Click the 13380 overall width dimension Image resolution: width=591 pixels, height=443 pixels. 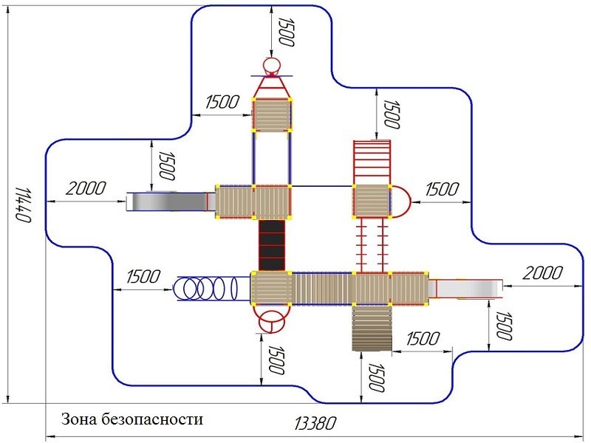[315, 424]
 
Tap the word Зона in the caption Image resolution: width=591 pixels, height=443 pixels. [81, 419]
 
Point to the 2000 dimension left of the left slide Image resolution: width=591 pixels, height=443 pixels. [85, 188]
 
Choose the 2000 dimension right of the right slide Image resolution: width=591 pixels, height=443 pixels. [542, 273]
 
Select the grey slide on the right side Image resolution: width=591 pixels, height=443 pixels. [468, 288]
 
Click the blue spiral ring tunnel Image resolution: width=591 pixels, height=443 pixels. [208, 288]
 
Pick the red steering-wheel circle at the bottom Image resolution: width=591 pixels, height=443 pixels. [271, 322]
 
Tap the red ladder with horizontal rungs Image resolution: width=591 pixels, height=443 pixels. [371, 161]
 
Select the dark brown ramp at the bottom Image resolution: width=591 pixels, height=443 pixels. [371, 328]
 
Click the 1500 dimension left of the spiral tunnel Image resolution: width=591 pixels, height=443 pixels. [142, 277]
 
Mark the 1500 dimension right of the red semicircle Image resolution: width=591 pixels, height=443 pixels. [441, 188]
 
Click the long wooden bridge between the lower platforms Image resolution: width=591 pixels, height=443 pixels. [323, 288]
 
